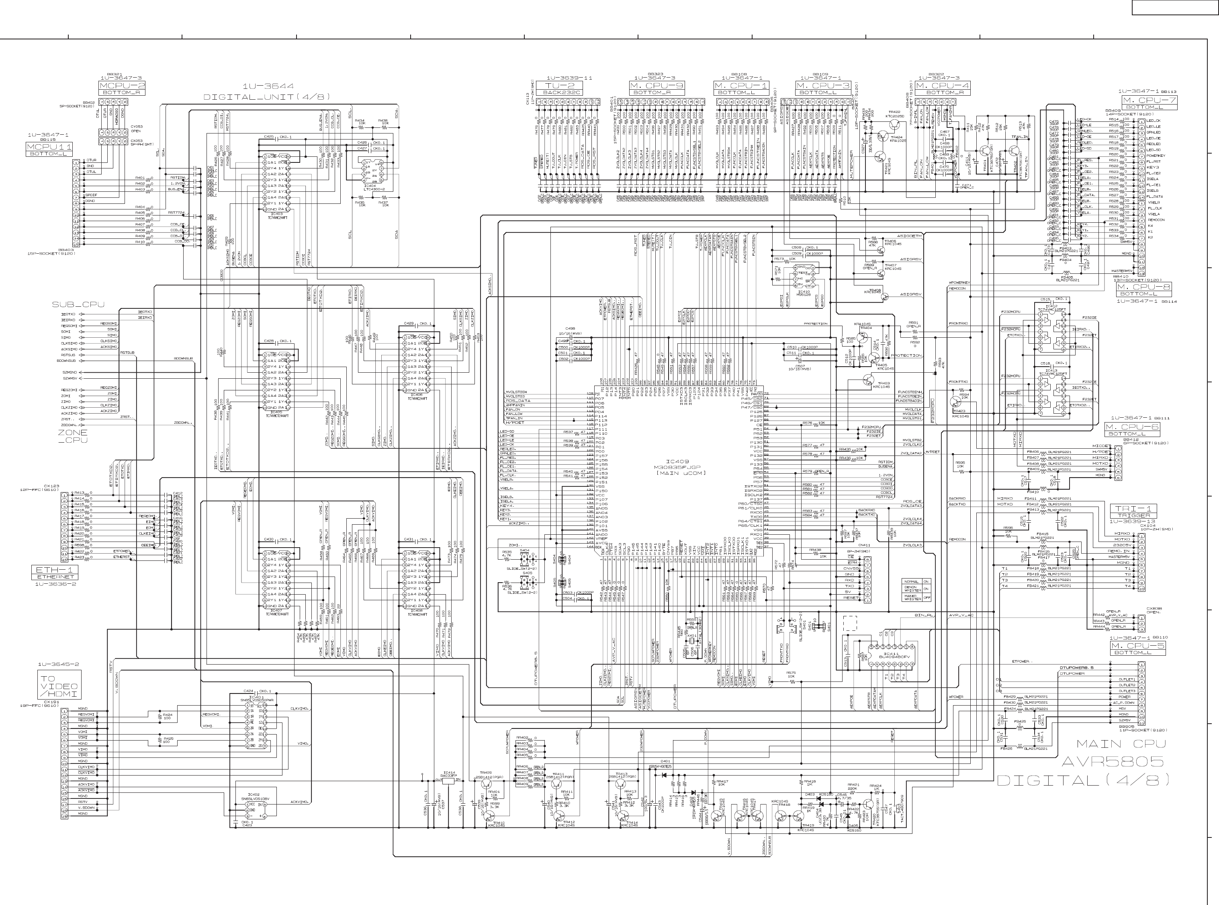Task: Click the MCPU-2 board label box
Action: point(121,86)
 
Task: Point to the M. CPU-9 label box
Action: point(656,86)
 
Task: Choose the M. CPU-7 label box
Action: point(1149,100)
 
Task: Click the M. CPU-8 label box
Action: point(1143,287)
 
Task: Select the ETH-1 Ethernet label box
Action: point(55,570)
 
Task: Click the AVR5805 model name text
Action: point(1112,761)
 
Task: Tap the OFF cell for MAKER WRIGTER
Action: point(926,598)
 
